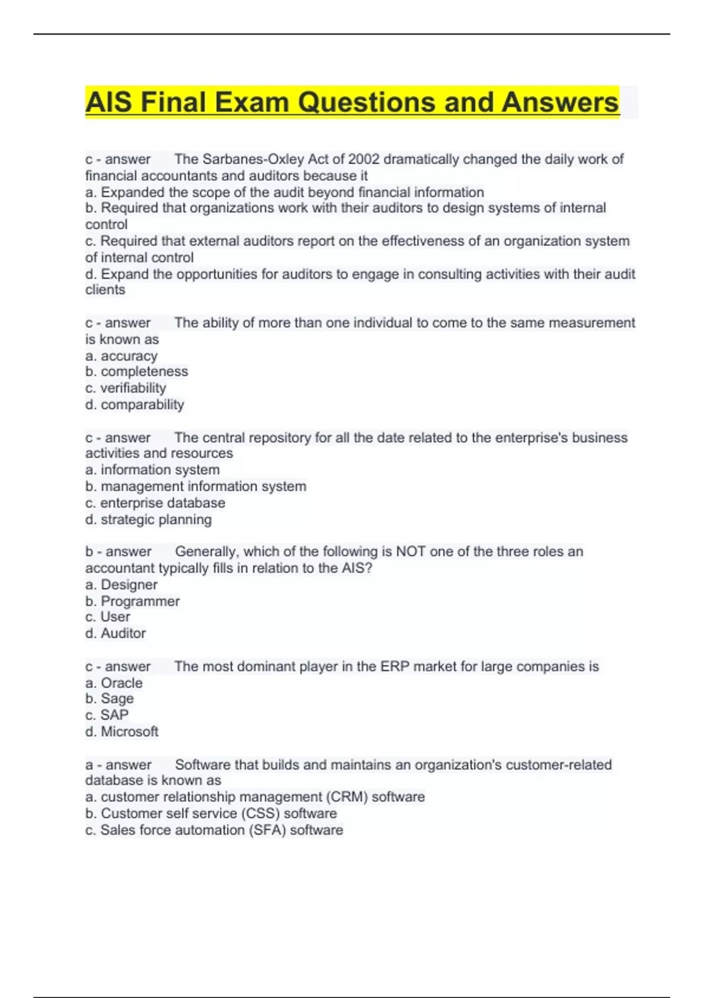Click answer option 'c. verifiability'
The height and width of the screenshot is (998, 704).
[x=126, y=388]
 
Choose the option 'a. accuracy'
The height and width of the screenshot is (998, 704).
[x=121, y=356]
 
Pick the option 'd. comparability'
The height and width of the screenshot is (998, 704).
[x=134, y=404]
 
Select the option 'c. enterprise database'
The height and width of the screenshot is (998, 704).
[x=155, y=503]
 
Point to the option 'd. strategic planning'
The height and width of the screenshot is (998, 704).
[x=148, y=520]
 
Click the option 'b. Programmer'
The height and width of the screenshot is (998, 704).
[x=133, y=601]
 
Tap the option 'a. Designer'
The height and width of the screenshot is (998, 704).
[x=121, y=585]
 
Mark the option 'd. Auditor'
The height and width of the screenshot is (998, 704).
[x=116, y=633]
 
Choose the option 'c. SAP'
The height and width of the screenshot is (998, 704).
[x=107, y=715]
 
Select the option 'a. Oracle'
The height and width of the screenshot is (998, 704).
[x=114, y=683]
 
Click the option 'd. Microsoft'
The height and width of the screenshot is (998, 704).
[x=122, y=731]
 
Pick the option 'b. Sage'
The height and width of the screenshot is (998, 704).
[x=110, y=699]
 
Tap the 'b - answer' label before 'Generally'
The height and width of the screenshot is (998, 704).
[x=118, y=552]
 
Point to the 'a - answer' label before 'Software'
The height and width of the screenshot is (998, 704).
[x=118, y=765]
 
